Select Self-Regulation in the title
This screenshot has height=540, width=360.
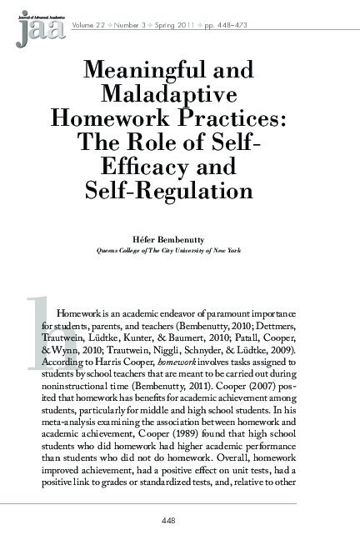pos(180,191)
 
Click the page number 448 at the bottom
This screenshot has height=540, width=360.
pos(179,522)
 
